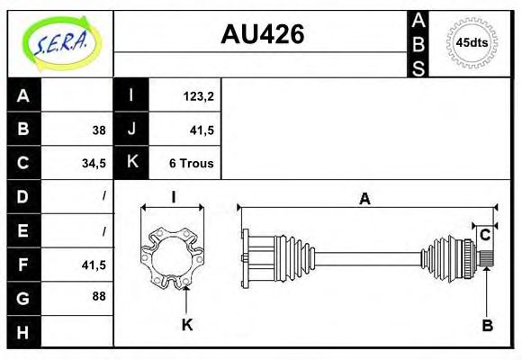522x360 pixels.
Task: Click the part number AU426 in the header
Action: [x=262, y=34]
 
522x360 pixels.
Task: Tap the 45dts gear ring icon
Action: [x=472, y=42]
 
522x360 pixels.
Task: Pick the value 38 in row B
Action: [x=98, y=130]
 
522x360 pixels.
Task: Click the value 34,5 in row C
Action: [x=94, y=163]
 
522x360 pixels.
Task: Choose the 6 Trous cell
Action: [x=191, y=163]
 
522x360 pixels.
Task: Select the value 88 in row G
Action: [x=98, y=295]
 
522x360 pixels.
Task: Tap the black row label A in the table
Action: [x=23, y=96]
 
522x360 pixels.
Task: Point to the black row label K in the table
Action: [x=131, y=163]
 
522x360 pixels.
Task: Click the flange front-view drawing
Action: [x=174, y=256]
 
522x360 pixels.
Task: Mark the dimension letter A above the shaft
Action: [x=364, y=200]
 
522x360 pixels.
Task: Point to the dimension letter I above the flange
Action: [x=173, y=197]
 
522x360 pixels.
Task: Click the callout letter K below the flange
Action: [x=187, y=325]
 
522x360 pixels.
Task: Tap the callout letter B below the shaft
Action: [x=487, y=325]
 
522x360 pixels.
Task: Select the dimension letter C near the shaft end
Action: [x=485, y=236]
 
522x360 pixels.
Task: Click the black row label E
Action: [x=23, y=229]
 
